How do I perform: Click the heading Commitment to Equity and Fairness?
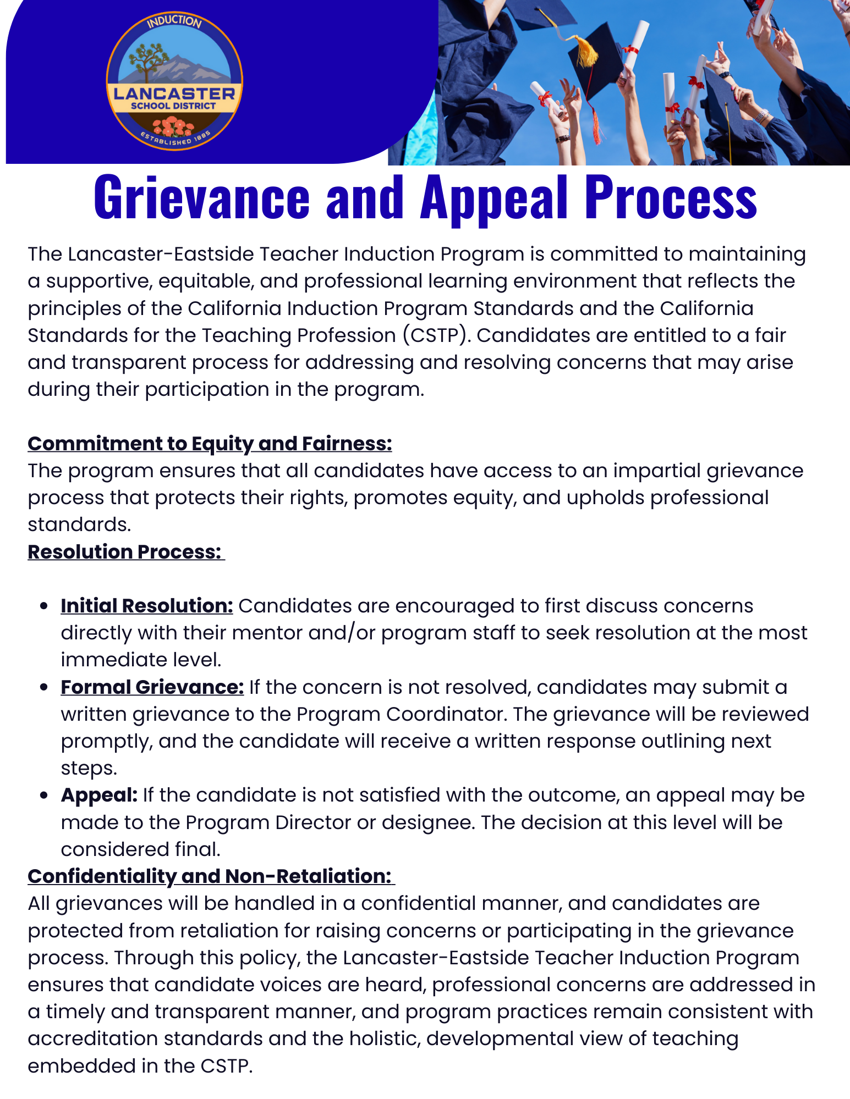coord(210,444)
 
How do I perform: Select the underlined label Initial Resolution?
coord(147,606)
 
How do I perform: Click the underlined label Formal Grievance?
coord(152,687)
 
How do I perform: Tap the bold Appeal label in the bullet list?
coord(99,796)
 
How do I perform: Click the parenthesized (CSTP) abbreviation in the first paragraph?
coord(436,335)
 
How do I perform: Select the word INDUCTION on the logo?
coord(174,22)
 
